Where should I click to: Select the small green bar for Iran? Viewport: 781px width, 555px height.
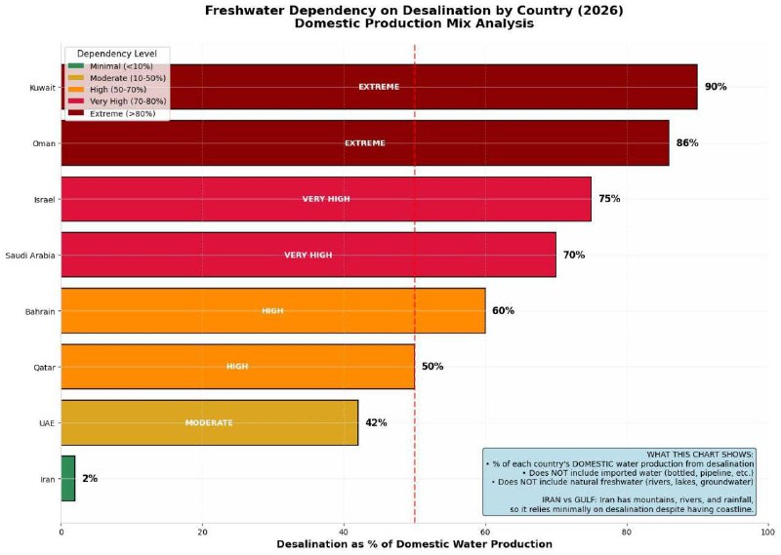pos(67,479)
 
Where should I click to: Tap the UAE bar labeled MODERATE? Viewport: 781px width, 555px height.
pos(210,422)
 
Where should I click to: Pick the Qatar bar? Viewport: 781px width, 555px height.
pos(237,367)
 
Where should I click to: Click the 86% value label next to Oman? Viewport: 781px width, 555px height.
pos(687,143)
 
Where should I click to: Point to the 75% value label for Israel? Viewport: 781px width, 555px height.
pos(609,199)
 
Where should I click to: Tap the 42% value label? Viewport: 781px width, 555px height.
pos(376,422)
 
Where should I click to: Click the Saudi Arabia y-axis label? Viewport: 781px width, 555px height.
pos(29,256)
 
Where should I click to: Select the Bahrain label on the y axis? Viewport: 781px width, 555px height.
pos(39,312)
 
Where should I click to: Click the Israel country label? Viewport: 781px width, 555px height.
pos(43,200)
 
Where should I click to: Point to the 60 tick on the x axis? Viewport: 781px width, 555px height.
pos(485,532)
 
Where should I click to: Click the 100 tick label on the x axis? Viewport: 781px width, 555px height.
pos(767,532)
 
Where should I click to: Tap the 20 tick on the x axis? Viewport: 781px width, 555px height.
pos(202,532)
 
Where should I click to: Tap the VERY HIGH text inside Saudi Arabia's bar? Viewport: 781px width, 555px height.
pos(308,256)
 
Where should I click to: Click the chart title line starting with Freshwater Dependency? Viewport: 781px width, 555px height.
pos(414,10)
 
